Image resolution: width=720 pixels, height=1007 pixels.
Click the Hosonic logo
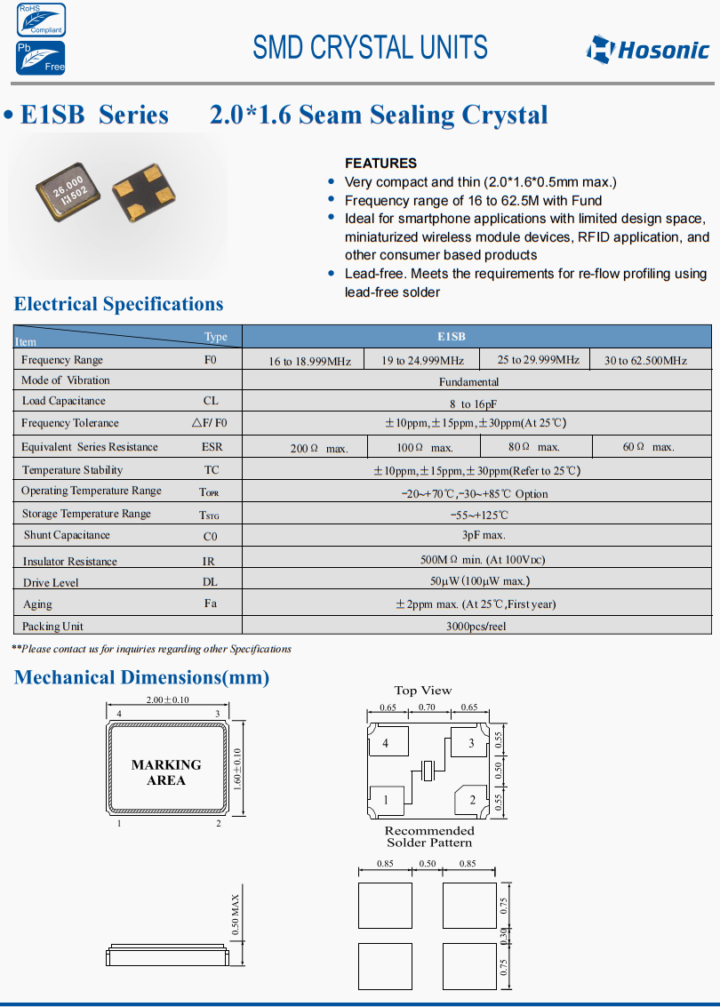pos(647,49)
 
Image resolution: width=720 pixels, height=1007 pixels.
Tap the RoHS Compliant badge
pos(40,20)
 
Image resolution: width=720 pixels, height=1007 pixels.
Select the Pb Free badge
pos(40,57)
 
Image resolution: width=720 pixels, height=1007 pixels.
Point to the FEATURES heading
pos(380,163)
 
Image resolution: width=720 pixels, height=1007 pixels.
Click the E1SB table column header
pos(451,337)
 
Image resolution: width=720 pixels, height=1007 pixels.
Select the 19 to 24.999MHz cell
pos(422,360)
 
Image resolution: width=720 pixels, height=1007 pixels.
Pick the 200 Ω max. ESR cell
pos(318,448)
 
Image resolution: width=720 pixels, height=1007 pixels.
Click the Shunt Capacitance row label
pos(67,535)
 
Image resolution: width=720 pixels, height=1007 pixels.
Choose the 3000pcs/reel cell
pos(476,626)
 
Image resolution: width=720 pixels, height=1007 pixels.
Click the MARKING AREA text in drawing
pos(166,772)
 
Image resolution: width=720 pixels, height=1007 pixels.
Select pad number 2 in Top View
pos(472,800)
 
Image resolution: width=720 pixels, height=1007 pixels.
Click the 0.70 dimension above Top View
pos(428,707)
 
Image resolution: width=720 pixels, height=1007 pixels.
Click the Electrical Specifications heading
pos(119,304)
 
